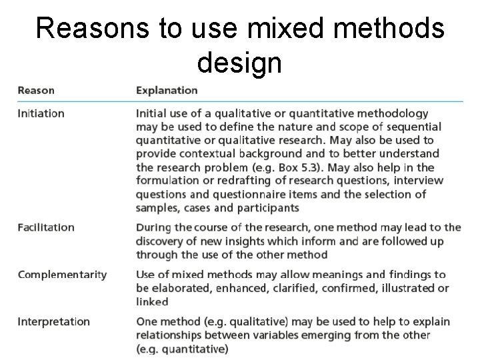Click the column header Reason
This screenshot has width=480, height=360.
(x=36, y=90)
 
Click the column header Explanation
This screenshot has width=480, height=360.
(x=167, y=90)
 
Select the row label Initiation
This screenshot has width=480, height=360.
(x=41, y=113)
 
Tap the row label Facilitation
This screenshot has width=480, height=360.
(x=45, y=227)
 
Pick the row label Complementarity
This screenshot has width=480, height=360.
(x=62, y=275)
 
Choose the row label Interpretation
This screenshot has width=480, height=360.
(x=53, y=321)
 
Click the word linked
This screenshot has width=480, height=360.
(x=152, y=301)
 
